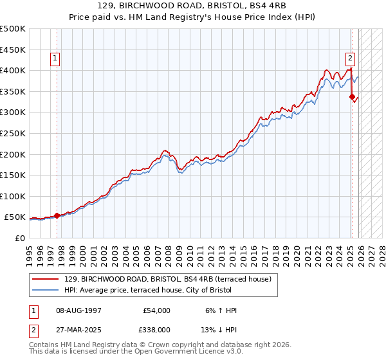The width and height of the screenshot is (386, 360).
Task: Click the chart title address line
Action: pos(192,6)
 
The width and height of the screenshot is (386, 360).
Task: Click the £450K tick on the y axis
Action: pos(13,50)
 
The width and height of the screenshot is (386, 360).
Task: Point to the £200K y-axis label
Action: pos(13,154)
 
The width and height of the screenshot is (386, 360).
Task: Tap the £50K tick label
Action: pos(15,217)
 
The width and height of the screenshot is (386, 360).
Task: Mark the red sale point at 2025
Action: pos(352,97)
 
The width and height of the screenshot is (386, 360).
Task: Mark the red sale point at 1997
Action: pos(57,215)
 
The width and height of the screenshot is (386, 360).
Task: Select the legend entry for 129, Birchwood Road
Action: pos(167,279)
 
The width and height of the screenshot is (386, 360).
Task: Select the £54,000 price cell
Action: pos(156,310)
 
